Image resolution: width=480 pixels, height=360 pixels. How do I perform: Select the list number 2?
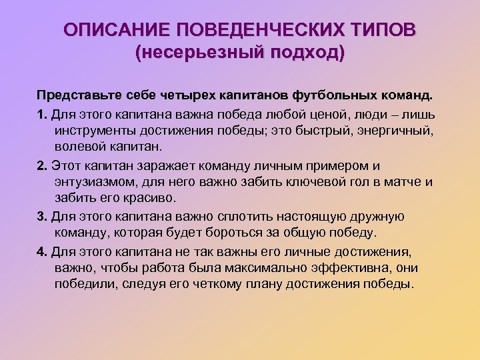click(41, 165)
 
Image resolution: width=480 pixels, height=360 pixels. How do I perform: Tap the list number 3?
click(41, 217)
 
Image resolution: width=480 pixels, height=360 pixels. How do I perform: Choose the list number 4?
click(41, 251)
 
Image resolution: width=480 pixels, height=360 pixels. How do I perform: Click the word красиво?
click(150, 199)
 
